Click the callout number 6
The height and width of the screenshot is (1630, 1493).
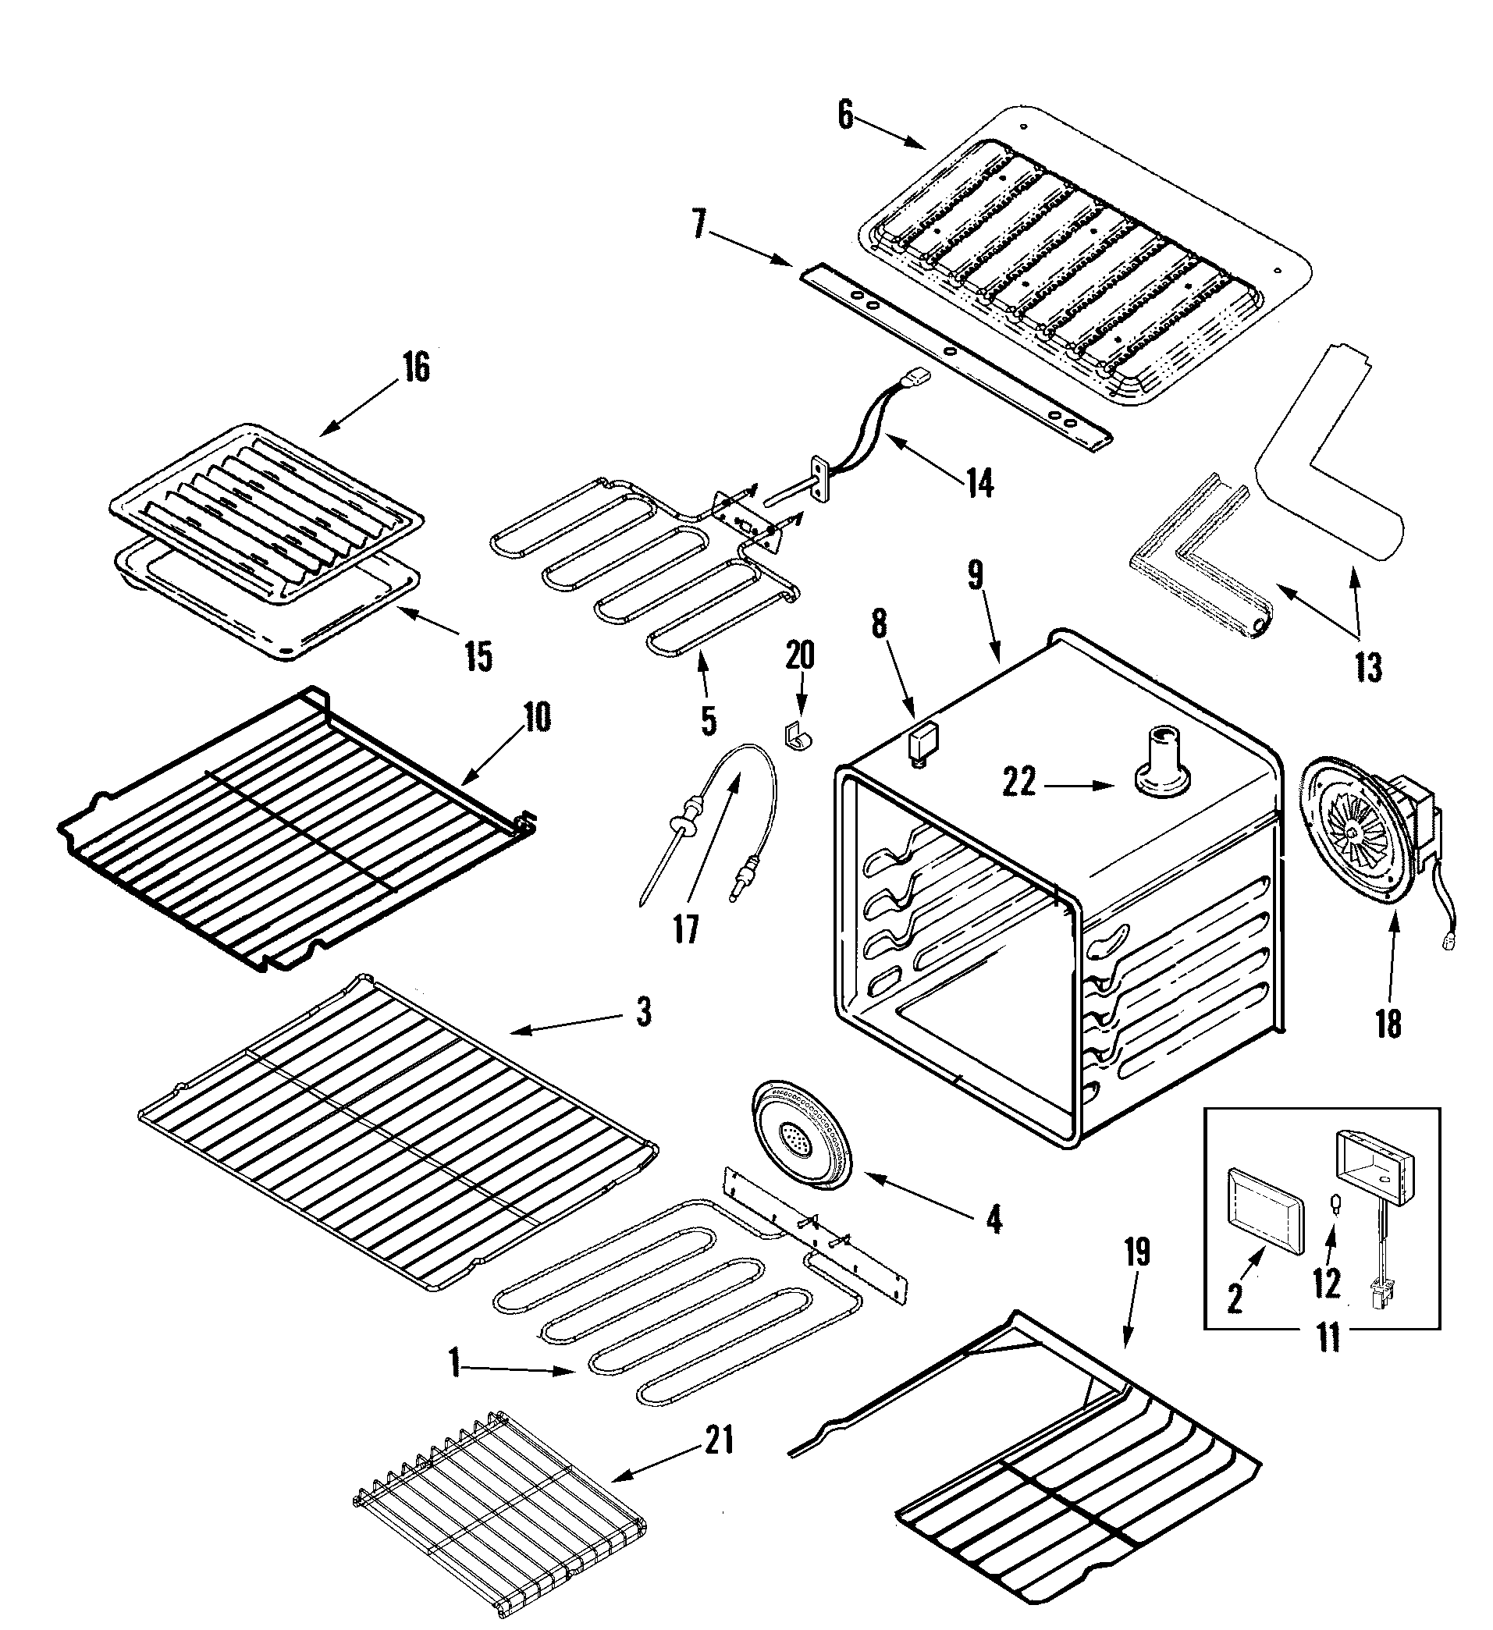pos(844,116)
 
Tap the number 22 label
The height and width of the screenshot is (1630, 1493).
pos(1019,783)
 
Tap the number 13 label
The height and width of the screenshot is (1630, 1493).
pos(1368,668)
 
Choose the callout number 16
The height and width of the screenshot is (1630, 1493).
pos(416,369)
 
